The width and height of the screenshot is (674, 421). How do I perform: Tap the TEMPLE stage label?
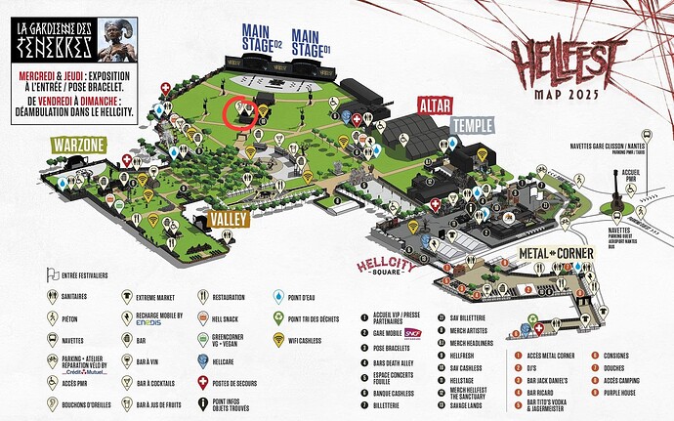(x=476, y=127)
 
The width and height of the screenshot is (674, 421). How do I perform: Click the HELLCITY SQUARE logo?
(x=389, y=267)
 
